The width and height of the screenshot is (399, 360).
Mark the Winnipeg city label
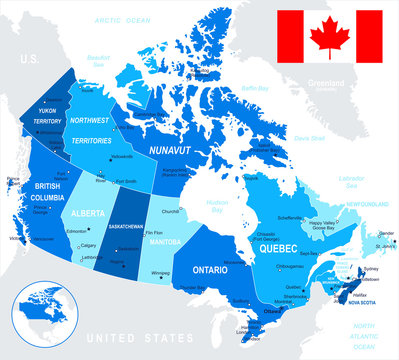pos(160,273)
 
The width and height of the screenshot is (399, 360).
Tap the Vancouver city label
pos(18,240)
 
